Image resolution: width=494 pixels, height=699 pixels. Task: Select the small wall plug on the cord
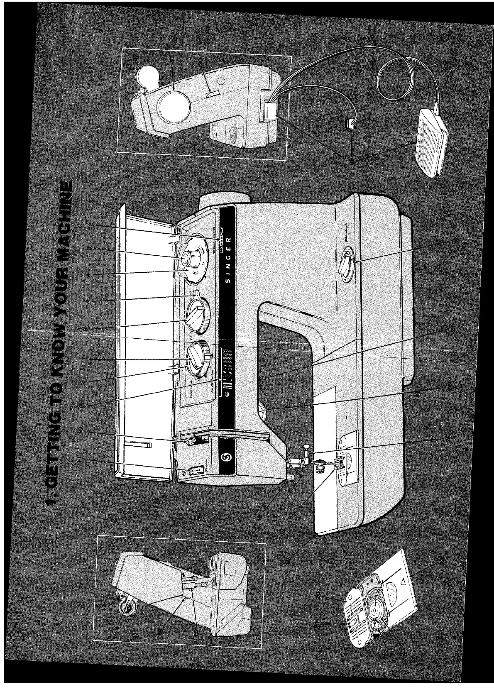pos(350,123)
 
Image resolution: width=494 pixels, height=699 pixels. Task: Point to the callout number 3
pos(88,249)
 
